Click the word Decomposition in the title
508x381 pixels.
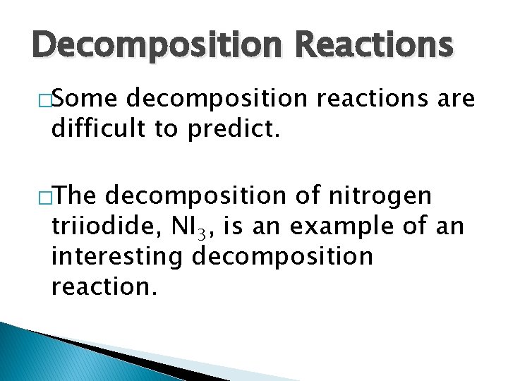pyautogui.click(x=145, y=44)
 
